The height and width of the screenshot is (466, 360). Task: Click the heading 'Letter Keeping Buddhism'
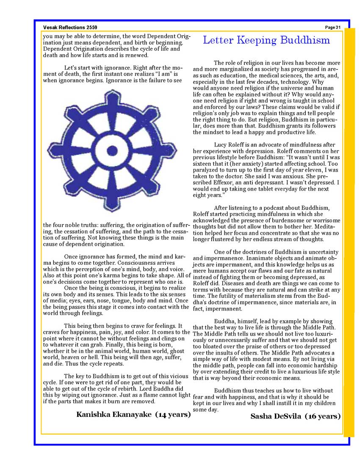[266, 40]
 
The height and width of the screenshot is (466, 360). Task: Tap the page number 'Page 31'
[333, 28]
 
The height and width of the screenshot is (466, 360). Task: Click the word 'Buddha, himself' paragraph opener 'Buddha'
[224, 321]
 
